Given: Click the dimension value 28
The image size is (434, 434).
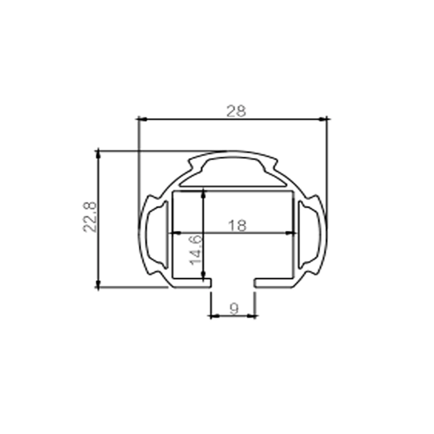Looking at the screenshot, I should (236, 111).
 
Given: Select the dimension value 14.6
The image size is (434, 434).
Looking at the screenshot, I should (196, 250).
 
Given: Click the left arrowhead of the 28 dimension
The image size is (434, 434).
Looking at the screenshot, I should (142, 119).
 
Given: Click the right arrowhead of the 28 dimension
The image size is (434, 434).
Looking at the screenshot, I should (323, 119).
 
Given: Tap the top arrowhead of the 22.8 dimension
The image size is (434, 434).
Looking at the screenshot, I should (98, 154).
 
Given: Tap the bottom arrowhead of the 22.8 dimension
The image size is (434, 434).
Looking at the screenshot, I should (98, 284).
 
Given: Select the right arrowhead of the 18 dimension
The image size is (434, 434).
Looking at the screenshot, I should (290, 233).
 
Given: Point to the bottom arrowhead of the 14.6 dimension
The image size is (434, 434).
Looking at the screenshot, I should (204, 275).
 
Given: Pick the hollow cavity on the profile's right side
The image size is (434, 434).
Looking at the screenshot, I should (309, 234).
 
